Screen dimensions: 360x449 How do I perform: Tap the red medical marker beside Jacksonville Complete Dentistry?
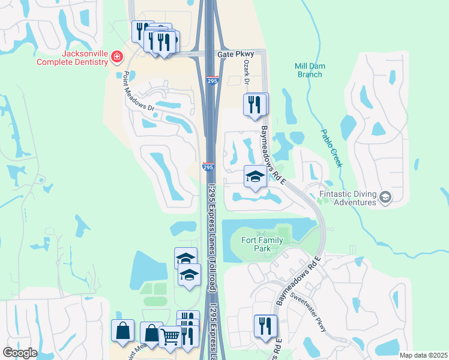click(x=117, y=58)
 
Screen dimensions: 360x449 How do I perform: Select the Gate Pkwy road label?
click(x=235, y=54)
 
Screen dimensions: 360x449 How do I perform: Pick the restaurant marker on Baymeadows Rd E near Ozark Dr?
click(x=255, y=104)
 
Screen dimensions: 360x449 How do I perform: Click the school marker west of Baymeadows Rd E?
click(x=255, y=177)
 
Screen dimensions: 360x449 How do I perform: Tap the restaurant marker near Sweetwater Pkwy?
click(x=265, y=326)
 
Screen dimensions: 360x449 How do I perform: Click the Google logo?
click(x=19, y=353)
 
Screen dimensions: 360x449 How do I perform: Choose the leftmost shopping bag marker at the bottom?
click(x=122, y=331)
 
